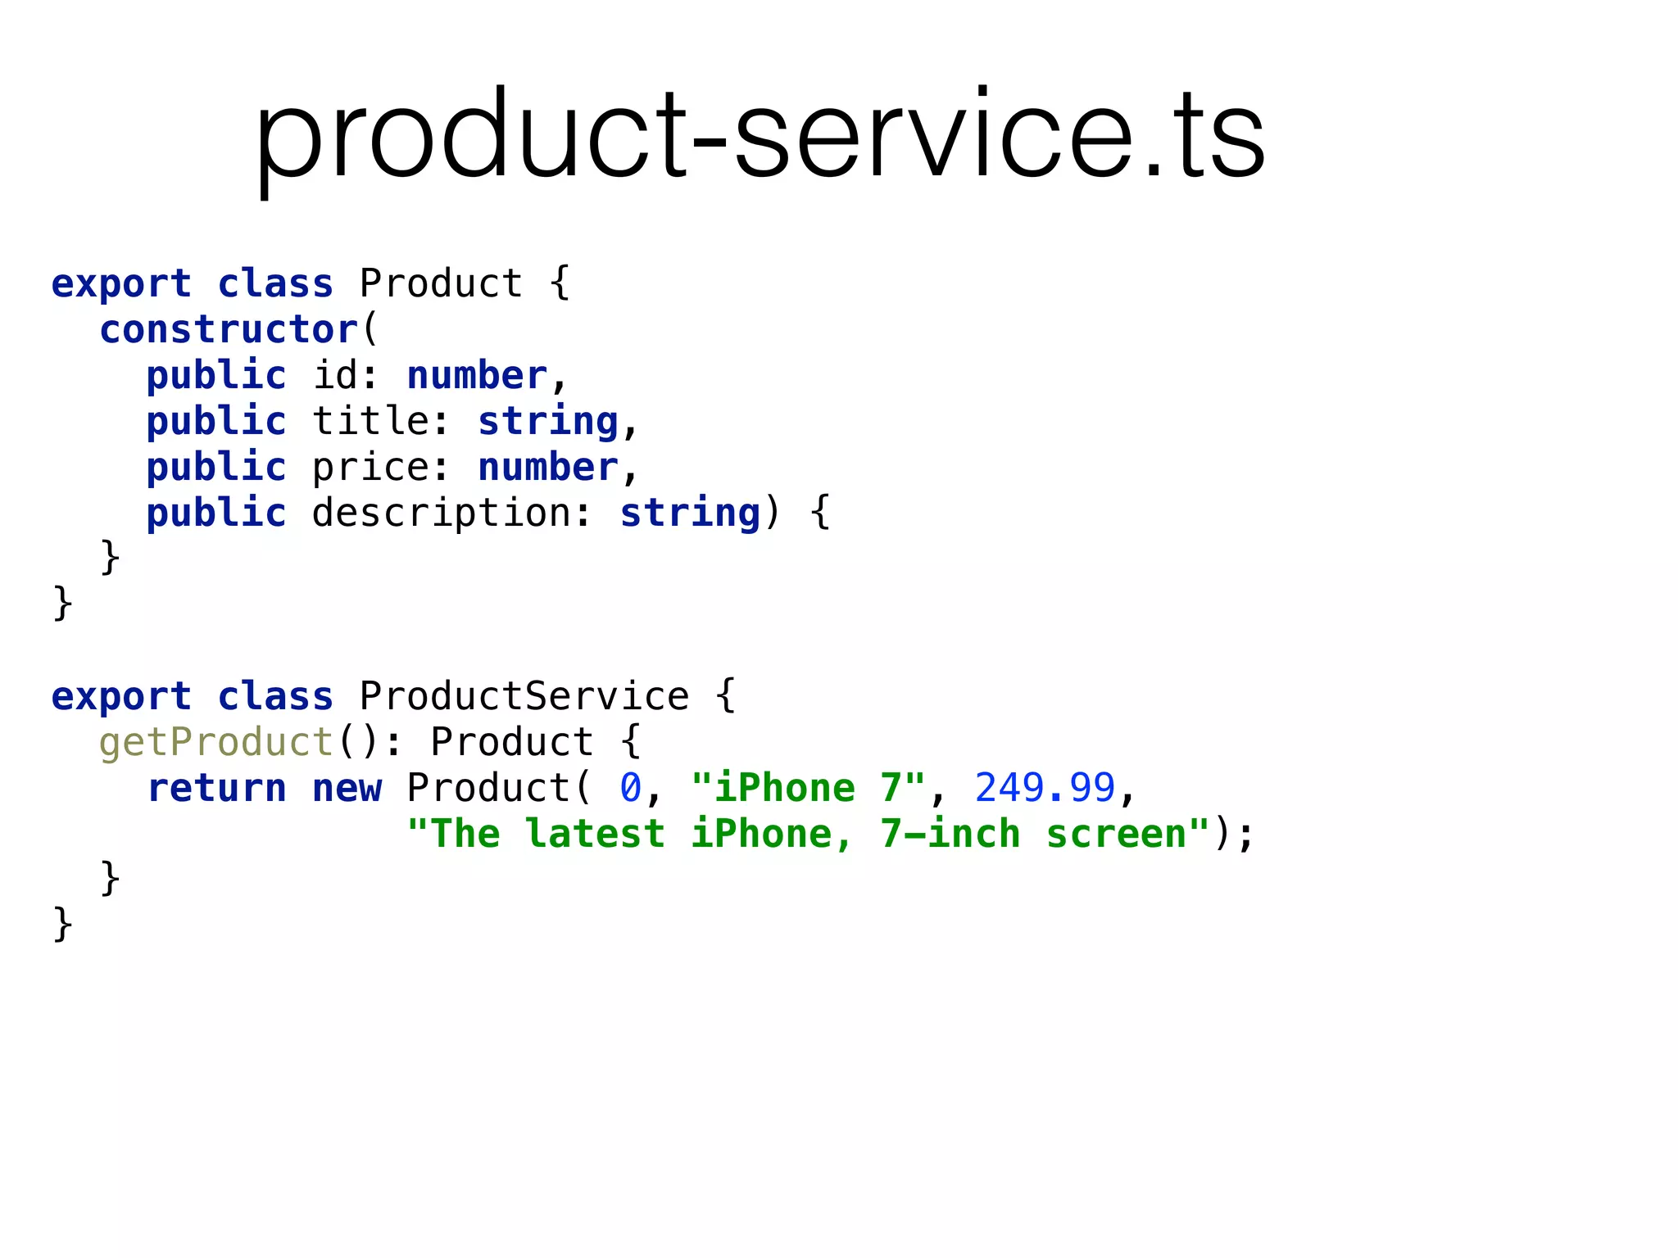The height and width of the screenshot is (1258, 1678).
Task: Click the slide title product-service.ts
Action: [x=760, y=135]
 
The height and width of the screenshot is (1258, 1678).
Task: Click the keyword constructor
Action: [x=229, y=330]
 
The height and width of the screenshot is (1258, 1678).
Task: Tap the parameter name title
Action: [x=370, y=422]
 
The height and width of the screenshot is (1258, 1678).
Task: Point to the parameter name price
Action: [x=370, y=468]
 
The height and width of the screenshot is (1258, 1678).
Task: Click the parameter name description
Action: [x=441, y=514]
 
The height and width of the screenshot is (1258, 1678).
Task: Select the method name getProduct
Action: [x=216, y=743]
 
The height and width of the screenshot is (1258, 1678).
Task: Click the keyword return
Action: [x=216, y=789]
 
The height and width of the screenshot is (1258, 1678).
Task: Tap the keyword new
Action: [x=347, y=789]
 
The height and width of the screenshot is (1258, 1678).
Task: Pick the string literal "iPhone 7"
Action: [x=808, y=789]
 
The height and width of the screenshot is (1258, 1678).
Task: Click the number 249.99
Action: [x=1045, y=789]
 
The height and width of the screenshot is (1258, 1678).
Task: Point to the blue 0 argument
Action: [x=630, y=789]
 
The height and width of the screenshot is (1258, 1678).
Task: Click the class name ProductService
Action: [x=524, y=697]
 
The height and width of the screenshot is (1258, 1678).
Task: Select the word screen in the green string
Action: [x=1116, y=835]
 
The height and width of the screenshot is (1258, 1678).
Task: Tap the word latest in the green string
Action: [x=596, y=835]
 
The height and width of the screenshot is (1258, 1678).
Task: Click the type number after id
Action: [x=477, y=376]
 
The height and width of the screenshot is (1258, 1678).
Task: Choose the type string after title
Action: [x=548, y=422]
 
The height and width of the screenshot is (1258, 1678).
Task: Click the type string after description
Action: [x=690, y=514]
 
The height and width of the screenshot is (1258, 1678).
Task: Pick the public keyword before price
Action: [x=216, y=468]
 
